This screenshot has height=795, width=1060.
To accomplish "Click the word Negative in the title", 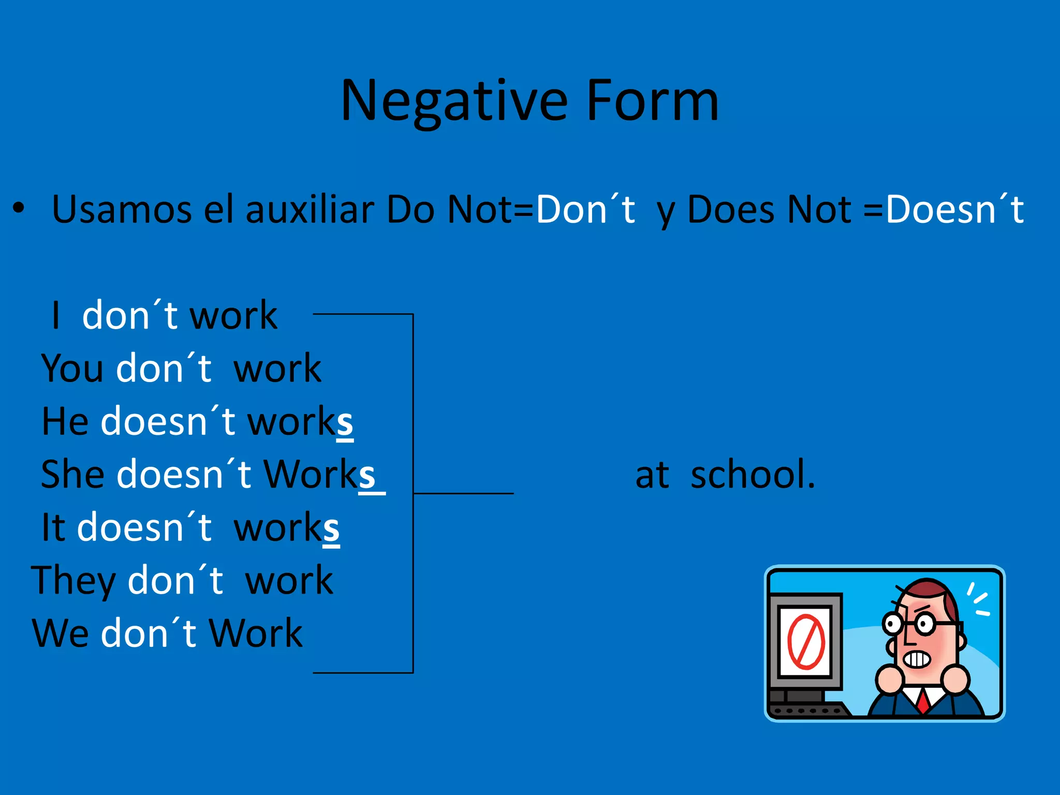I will click(454, 101).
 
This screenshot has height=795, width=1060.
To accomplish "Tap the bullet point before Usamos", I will click(19, 209).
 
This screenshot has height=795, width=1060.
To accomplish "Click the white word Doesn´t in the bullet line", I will click(954, 210).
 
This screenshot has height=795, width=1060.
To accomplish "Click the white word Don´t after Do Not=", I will click(585, 210).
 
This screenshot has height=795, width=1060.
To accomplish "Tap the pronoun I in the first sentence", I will click(56, 316).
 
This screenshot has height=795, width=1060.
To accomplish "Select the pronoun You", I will click(72, 369).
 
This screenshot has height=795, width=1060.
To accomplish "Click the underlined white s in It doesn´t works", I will click(331, 528).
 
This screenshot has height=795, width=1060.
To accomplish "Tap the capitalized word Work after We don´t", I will click(256, 634).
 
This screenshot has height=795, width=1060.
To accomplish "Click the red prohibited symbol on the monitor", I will click(806, 642).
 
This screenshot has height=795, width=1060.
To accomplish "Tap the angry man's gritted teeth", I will click(917, 659).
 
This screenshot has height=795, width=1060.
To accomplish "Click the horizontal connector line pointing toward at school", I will click(463, 493).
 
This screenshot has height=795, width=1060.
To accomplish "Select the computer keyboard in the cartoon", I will click(807, 710).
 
